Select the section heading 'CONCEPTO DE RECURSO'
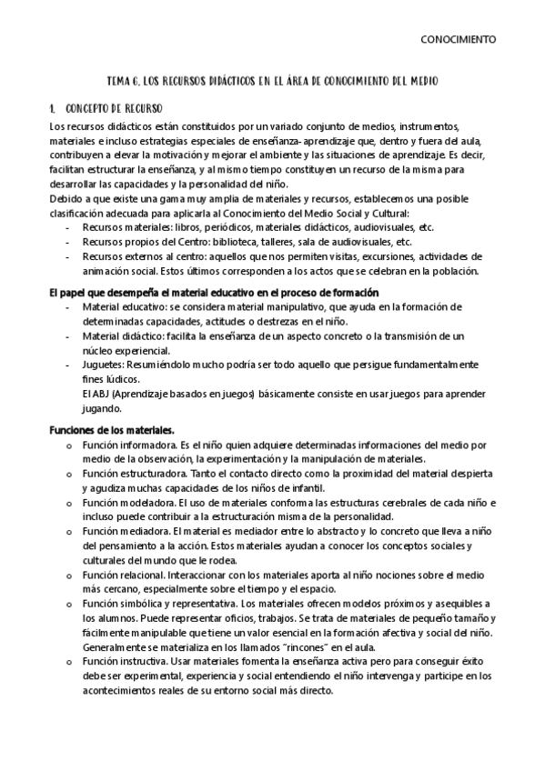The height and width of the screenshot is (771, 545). pos(115,108)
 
